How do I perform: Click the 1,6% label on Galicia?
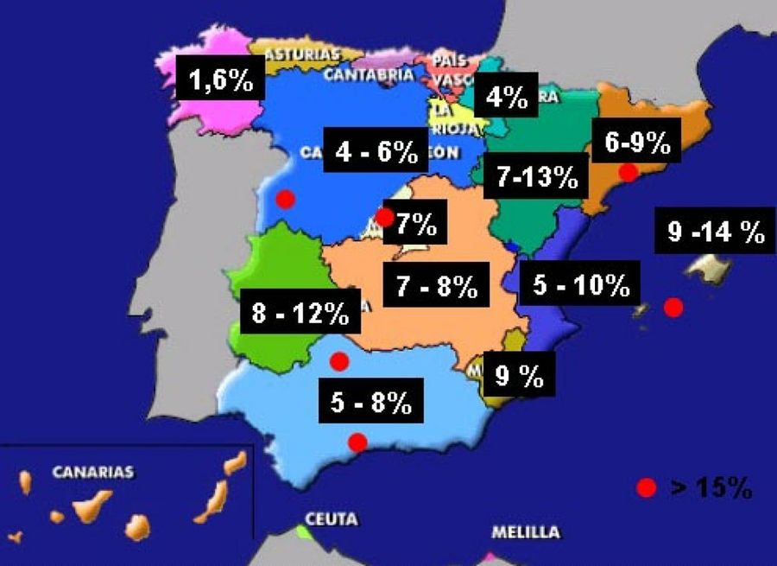[220, 81]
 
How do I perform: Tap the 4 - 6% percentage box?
[376, 152]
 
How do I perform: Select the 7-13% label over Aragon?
[536, 177]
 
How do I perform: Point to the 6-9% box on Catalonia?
[637, 143]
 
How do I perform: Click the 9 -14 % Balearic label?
[716, 231]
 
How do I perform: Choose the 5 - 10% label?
[580, 286]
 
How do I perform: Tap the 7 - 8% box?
[437, 286]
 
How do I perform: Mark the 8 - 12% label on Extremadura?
[300, 314]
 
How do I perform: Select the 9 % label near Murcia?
[518, 375]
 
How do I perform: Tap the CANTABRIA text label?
[369, 74]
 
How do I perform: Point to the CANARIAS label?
[92, 472]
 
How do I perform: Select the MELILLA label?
[525, 532]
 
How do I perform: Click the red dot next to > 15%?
[647, 488]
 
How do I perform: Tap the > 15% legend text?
[711, 488]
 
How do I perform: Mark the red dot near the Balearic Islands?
[673, 307]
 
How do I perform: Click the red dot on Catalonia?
[629, 172]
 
